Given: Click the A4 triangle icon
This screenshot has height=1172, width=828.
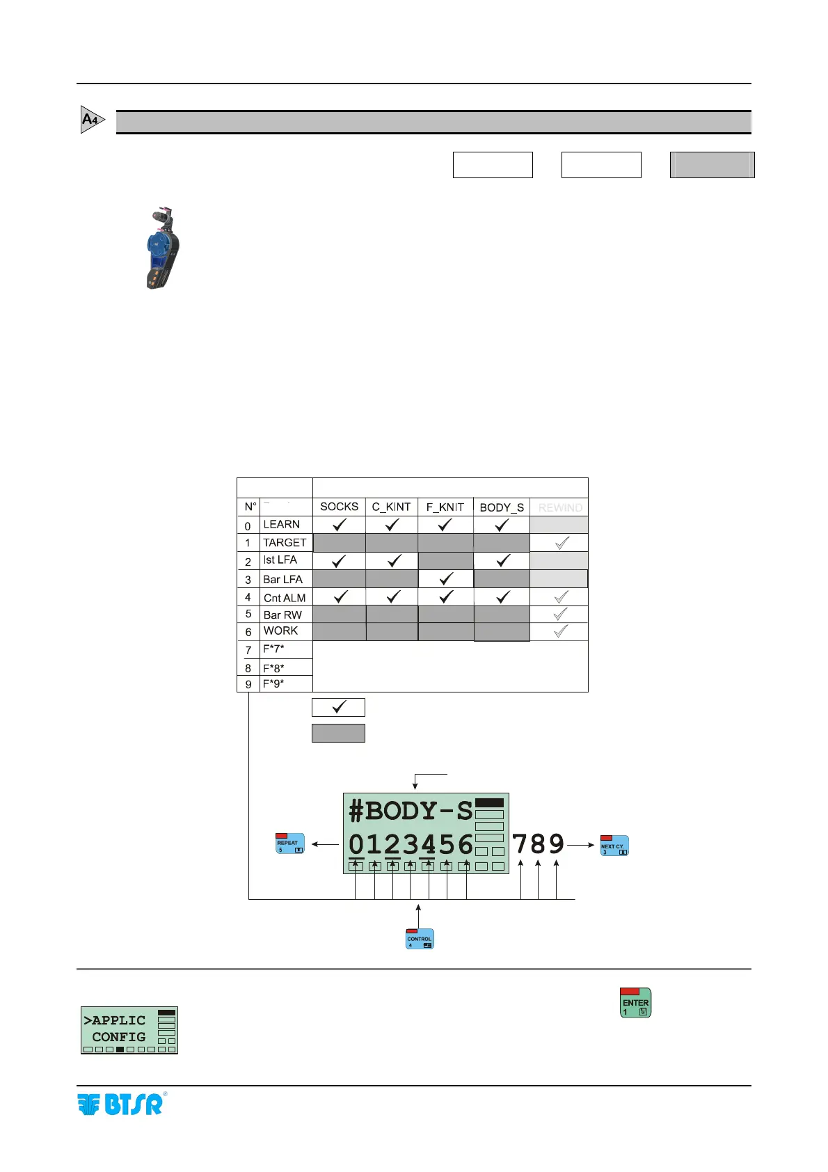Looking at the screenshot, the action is (92, 120).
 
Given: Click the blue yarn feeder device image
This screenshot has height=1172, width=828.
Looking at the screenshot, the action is (163, 248).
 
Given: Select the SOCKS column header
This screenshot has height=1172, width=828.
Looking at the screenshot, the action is (339, 507).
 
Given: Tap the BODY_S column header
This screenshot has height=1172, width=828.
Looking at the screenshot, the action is (502, 507).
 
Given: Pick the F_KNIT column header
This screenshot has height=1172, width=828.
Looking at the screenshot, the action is (445, 507).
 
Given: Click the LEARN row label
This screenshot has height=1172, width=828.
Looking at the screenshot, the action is (281, 525).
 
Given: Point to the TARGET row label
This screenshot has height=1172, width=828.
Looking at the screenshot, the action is (284, 543).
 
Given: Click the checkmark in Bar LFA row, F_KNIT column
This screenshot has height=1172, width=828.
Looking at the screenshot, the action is (446, 579).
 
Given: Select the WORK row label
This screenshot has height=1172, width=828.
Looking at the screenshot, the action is (280, 631).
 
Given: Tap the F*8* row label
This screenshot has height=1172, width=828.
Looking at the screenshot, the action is (273, 668).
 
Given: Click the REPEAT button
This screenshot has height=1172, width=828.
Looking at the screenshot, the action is (290, 844).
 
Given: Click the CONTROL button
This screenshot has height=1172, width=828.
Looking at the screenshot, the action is (420, 939).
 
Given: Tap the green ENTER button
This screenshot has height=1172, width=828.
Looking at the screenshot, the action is (635, 1003).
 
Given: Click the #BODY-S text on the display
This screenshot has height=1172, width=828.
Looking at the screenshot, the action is (411, 811).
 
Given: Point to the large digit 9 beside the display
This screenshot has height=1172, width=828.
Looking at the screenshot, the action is (556, 844).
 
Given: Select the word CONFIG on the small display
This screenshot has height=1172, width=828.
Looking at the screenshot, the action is (119, 1037).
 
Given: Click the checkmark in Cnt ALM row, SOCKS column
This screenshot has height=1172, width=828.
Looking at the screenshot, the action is (340, 597).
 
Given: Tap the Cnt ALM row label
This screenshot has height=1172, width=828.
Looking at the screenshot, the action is (284, 598).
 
